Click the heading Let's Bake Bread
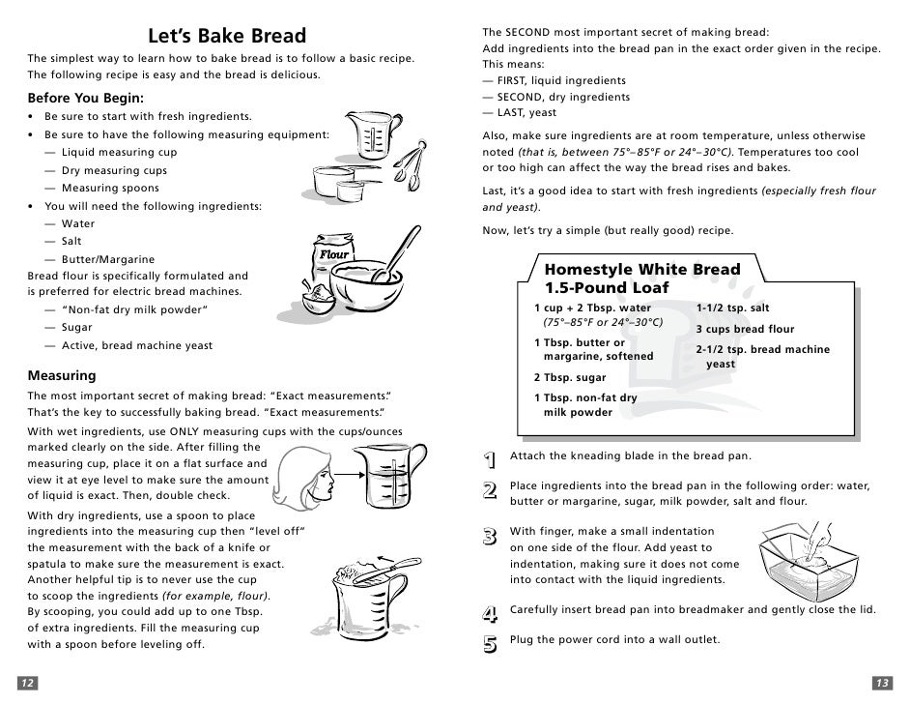tap(226, 37)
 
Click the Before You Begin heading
tap(86, 98)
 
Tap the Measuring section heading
tap(62, 375)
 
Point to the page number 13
tap(881, 683)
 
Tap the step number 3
tap(490, 536)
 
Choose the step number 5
tap(490, 642)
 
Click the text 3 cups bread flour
tap(745, 329)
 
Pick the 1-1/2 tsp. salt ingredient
tap(732, 308)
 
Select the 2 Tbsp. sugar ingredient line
tap(569, 377)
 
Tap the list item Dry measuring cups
tap(114, 170)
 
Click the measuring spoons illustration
tap(413, 161)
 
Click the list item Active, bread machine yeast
tap(137, 345)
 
